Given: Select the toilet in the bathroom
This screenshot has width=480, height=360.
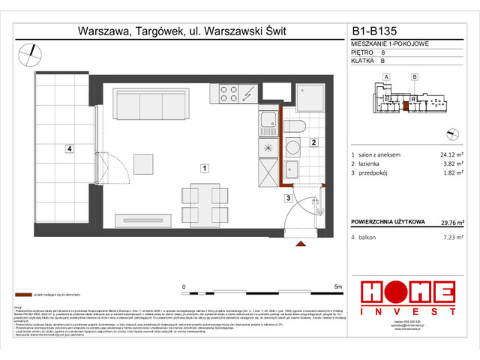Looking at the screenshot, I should click(294, 127).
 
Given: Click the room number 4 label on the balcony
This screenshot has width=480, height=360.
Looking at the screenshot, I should click(68, 149).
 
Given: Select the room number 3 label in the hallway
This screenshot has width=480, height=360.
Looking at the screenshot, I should click(287, 198).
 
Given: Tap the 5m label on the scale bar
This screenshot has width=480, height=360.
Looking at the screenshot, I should click(337, 286).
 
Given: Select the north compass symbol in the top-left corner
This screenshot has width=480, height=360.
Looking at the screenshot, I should click(29, 51).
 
